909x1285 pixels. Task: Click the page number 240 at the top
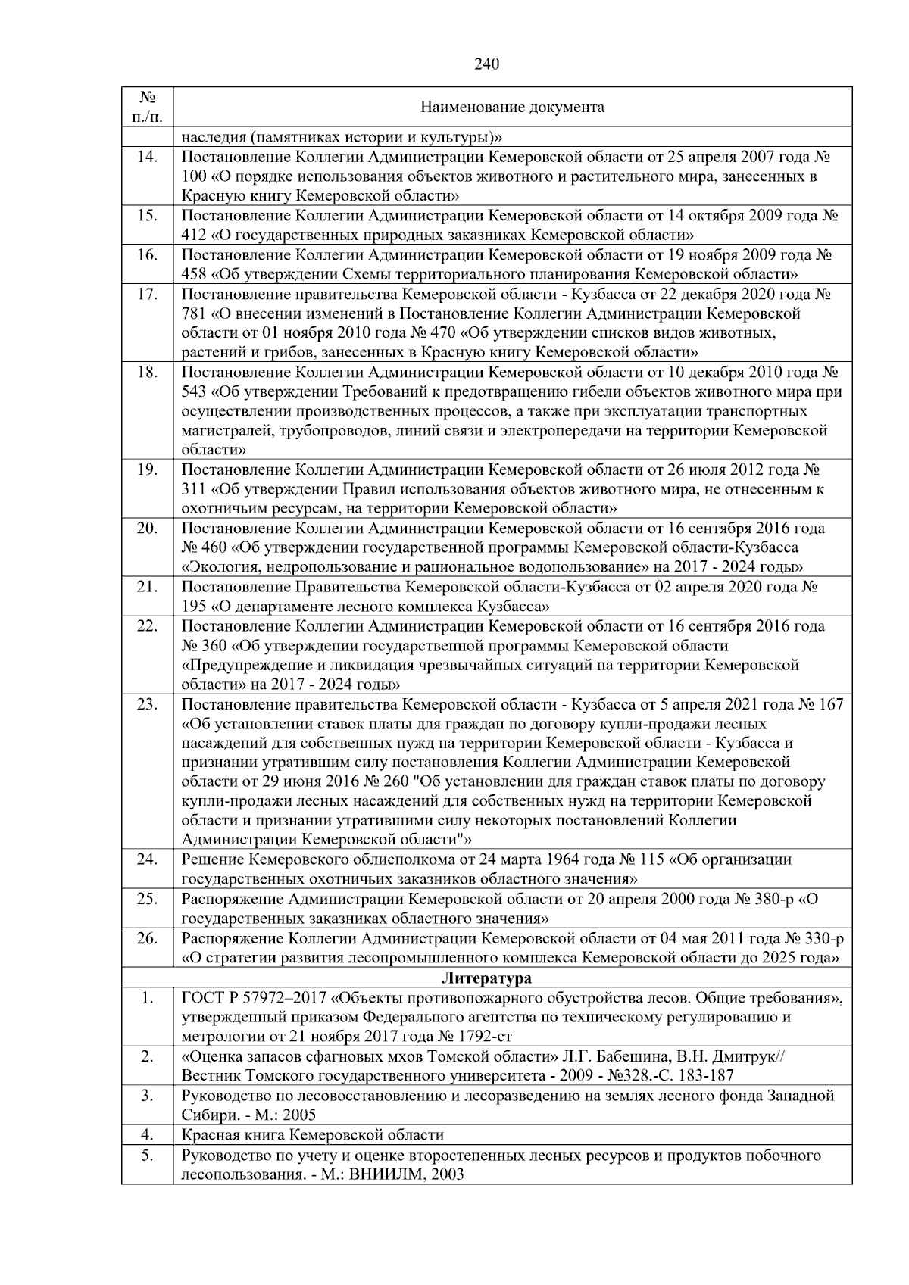click(x=487, y=64)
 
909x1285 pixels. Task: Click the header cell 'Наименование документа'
click(x=512, y=107)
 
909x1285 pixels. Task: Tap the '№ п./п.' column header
click(x=148, y=107)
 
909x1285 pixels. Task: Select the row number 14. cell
click(x=148, y=157)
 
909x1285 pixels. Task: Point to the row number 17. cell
click(x=148, y=294)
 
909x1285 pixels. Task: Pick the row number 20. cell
click(x=148, y=528)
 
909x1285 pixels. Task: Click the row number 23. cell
click(x=148, y=704)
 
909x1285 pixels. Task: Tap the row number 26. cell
click(x=148, y=939)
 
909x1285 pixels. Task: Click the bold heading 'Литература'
click(x=486, y=978)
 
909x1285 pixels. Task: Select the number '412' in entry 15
click(x=194, y=235)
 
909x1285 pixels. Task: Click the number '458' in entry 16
click(x=194, y=274)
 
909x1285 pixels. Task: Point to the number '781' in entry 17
click(x=194, y=313)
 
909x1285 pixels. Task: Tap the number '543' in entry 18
click(x=194, y=392)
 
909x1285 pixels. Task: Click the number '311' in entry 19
click(x=194, y=489)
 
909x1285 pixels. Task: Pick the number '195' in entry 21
click(x=194, y=607)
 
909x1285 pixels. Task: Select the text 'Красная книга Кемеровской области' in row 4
click(x=313, y=1135)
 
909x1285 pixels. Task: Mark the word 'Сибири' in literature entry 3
click(x=206, y=1115)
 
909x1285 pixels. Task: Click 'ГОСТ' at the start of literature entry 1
click(x=201, y=998)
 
